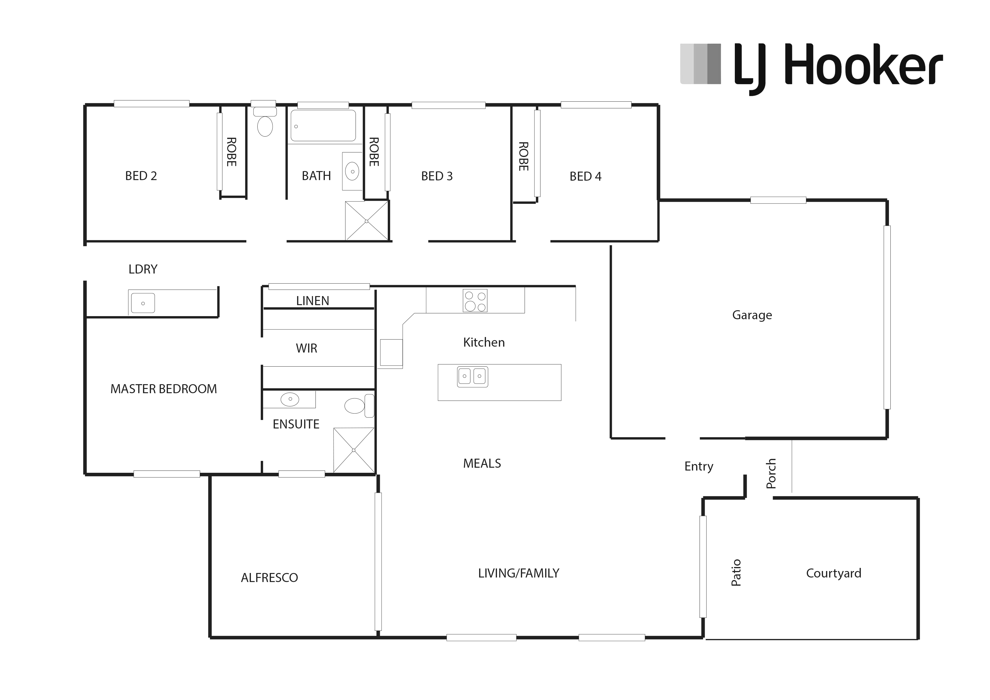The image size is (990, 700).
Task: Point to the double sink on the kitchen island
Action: (473, 377)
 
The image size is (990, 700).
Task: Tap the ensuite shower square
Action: (354, 450)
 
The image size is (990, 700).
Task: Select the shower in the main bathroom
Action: (367, 221)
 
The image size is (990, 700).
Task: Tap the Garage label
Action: (752, 315)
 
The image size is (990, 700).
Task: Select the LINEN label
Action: (313, 301)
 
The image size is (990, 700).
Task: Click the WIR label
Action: (306, 349)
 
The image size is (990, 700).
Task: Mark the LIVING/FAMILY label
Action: (519, 573)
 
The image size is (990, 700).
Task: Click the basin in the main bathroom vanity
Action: (352, 171)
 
